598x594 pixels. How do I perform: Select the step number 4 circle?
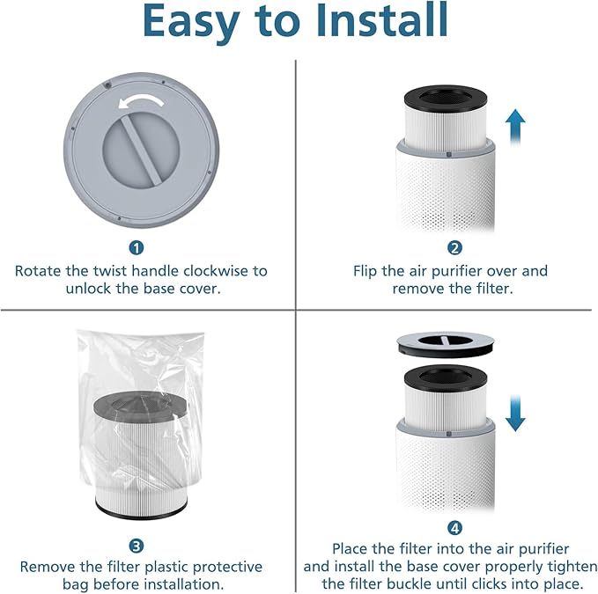454,528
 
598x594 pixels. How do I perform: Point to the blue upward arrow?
516,128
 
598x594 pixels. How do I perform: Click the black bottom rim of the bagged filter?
142,509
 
